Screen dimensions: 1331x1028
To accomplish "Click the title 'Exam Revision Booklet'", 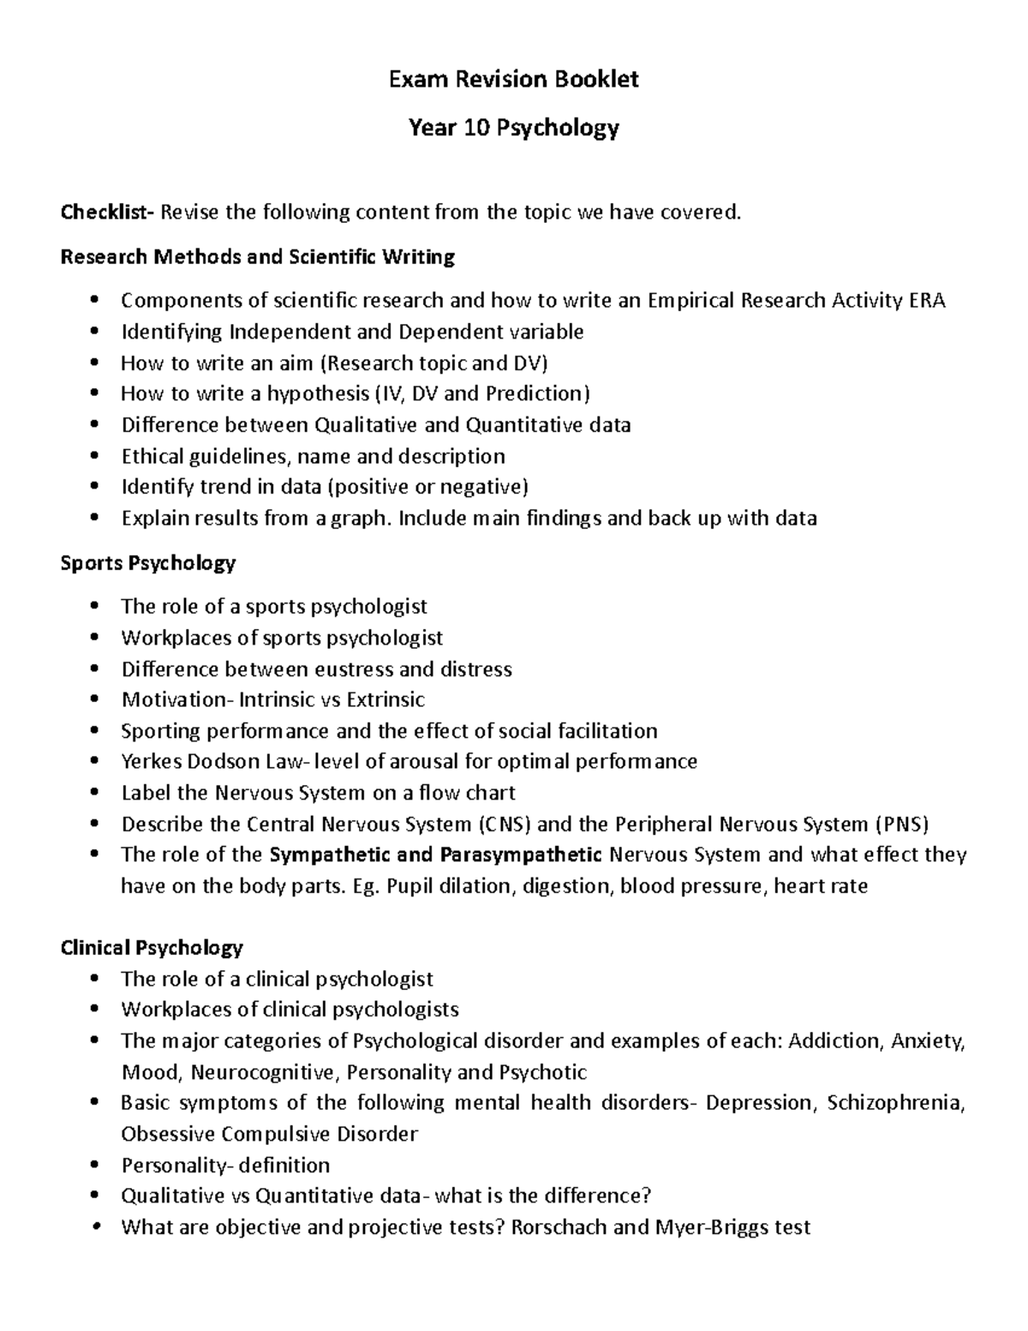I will (514, 80).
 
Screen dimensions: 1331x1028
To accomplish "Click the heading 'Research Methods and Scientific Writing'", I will (257, 256).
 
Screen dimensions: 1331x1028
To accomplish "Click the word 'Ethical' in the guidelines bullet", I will (153, 456).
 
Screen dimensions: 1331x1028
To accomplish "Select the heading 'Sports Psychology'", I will (147, 563).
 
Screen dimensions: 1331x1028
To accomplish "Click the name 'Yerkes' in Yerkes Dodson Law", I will (152, 762).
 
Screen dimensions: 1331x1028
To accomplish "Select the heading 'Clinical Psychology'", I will (152, 948).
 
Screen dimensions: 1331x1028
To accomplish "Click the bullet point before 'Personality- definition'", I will (94, 1166).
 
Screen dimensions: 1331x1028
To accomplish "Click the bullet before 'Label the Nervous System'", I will (94, 793).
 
